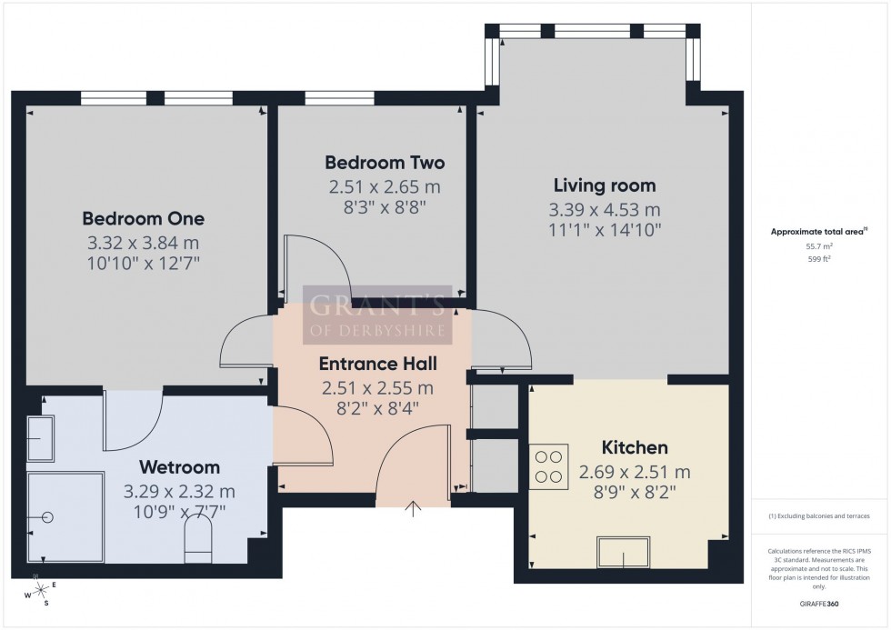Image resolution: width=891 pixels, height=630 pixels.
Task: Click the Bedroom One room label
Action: pos(144,219)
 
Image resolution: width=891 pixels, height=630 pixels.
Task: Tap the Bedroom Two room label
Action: pos(385,164)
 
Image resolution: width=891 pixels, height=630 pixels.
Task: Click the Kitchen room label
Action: pos(635,448)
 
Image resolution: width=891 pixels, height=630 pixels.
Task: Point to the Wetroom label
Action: pos(179,468)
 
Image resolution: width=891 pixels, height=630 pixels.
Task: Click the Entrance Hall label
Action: pos(377,365)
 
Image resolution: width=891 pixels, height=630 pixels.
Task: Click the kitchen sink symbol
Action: pos(622,552)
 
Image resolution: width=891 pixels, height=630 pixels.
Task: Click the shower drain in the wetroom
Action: pos(47,517)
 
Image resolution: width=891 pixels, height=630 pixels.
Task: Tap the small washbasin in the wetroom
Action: pos(40,438)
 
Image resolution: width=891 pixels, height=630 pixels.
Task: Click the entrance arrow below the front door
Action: pos(414,508)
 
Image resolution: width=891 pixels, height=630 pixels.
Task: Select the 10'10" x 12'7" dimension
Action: pos(144,265)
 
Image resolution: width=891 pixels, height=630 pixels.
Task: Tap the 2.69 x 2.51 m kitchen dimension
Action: pos(635,473)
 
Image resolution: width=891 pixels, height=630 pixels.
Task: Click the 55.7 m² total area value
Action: pos(820,245)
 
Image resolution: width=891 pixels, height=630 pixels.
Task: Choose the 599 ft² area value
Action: pos(820,259)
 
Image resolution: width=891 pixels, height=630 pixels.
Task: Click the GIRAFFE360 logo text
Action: pos(820,603)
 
